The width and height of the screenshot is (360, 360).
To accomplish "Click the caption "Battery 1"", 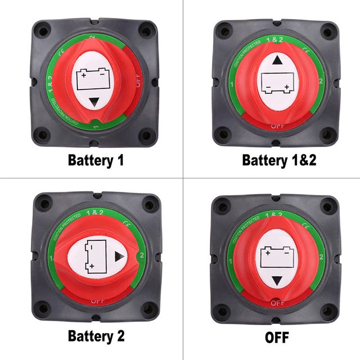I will click(96, 160).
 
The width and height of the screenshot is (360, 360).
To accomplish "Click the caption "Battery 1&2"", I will click(279, 160).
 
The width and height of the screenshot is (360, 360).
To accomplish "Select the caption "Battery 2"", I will click(96, 336).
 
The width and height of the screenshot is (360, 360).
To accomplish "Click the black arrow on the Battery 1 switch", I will click(94, 102).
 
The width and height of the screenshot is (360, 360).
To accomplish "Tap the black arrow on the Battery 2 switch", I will click(119, 257).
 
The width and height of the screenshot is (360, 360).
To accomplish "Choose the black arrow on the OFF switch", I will click(276, 281).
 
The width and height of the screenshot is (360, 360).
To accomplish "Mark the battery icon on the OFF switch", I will click(276, 258).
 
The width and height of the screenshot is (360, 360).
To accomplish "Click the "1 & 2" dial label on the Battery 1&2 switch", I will click(274, 39).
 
